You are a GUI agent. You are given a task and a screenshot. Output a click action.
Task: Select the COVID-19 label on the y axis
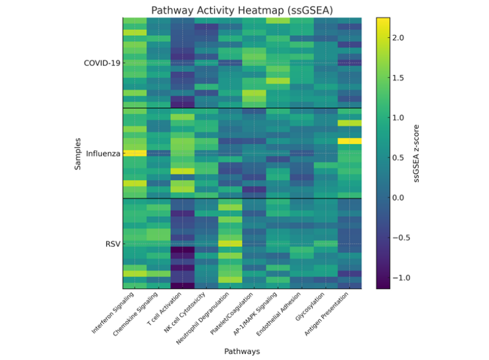click(101, 63)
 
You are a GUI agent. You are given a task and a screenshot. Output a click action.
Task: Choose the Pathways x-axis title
click(242, 351)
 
